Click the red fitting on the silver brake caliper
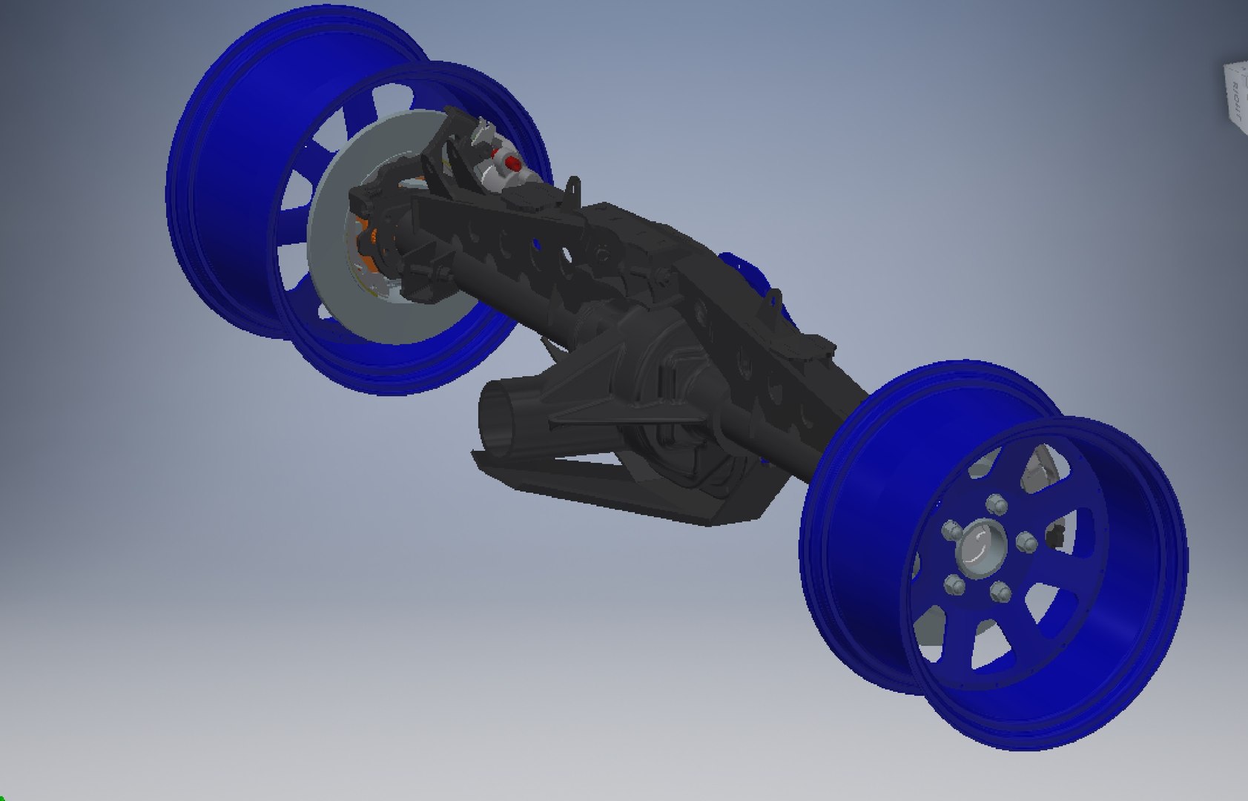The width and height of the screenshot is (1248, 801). tap(511, 161)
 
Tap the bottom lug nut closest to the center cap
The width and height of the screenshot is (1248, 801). tap(999, 591)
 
